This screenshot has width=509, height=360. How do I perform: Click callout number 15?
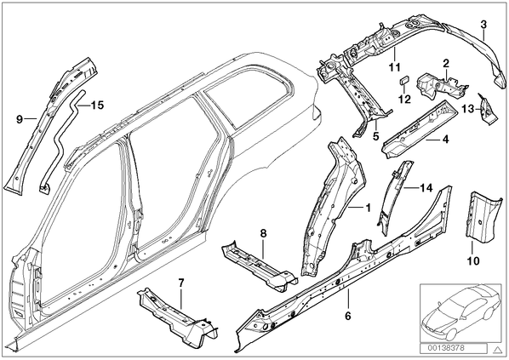pyautogui.click(x=97, y=106)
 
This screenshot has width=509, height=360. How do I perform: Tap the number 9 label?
pyautogui.click(x=20, y=119)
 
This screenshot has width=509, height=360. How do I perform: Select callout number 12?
pyautogui.click(x=405, y=99)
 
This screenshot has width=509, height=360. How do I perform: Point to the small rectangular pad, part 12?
pyautogui.click(x=403, y=80)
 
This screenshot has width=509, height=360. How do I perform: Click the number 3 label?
pyautogui.click(x=483, y=25)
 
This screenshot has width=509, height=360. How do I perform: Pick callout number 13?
pyautogui.click(x=468, y=109)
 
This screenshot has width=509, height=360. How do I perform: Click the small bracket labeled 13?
pyautogui.click(x=486, y=110)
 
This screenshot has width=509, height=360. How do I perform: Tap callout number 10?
pyautogui.click(x=473, y=260)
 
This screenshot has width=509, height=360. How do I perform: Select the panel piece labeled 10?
pyautogui.click(x=483, y=216)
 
